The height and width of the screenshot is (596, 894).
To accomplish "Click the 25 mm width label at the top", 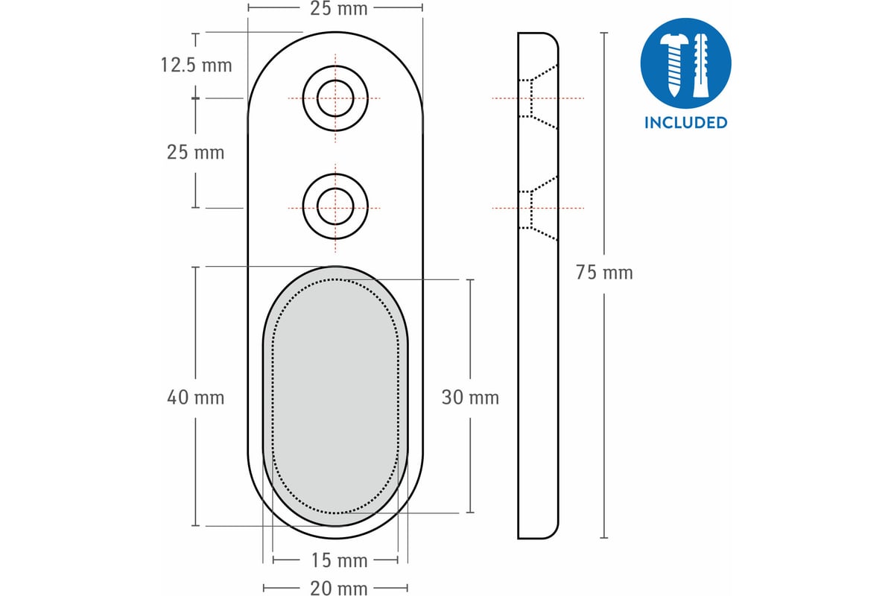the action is pyautogui.click(x=338, y=9).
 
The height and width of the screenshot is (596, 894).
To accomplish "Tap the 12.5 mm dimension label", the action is pyautogui.click(x=196, y=65).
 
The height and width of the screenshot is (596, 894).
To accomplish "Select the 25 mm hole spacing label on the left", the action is pyautogui.click(x=195, y=153).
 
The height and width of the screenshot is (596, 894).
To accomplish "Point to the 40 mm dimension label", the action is pyautogui.click(x=195, y=398).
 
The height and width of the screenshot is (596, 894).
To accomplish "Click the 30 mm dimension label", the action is pyautogui.click(x=470, y=398).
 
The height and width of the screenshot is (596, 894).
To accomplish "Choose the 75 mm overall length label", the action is pyautogui.click(x=604, y=273).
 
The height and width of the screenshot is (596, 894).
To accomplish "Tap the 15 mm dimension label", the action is pyautogui.click(x=339, y=560).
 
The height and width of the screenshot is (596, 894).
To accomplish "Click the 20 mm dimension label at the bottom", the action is pyautogui.click(x=338, y=589).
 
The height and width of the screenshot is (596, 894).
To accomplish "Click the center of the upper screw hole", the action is pyautogui.click(x=335, y=98).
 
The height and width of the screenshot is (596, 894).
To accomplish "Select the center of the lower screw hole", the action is pyautogui.click(x=335, y=207).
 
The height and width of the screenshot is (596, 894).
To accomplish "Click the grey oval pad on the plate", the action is pyautogui.click(x=335, y=396).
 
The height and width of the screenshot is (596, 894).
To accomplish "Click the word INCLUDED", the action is pyautogui.click(x=685, y=123).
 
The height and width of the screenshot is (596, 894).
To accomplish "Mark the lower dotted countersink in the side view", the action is pyautogui.click(x=538, y=208).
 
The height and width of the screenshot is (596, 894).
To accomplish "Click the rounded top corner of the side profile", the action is pyautogui.click(x=553, y=38).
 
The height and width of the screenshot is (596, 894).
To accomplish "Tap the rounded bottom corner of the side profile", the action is pyautogui.click(x=553, y=533).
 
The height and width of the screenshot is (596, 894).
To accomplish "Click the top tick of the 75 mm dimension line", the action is pyautogui.click(x=604, y=33).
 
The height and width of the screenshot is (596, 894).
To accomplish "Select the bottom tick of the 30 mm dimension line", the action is pyautogui.click(x=470, y=512).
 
